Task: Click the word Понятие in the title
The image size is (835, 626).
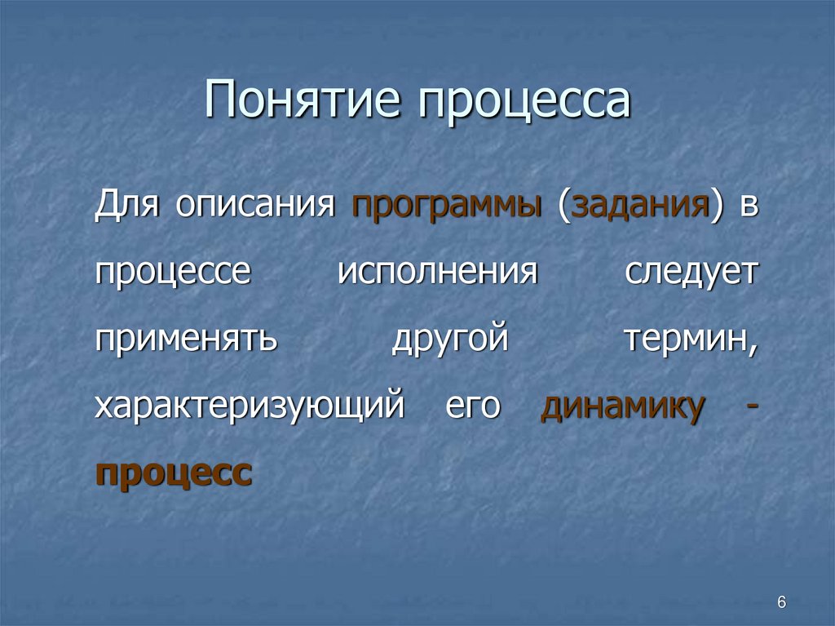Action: click(x=305, y=100)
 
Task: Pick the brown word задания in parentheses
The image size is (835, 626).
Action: click(x=638, y=206)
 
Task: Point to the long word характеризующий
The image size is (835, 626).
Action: click(x=250, y=406)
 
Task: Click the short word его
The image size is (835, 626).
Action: click(x=471, y=406)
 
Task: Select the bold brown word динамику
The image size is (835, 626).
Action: click(x=623, y=406)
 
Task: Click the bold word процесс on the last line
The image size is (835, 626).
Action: click(x=174, y=473)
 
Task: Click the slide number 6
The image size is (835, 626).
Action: click(x=781, y=602)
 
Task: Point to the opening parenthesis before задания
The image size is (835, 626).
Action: click(x=564, y=206)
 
